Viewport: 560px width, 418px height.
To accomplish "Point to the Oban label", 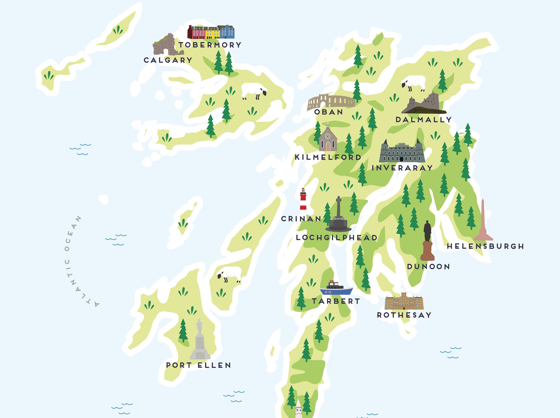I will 328,112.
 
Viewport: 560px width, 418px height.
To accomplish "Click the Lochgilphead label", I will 337,238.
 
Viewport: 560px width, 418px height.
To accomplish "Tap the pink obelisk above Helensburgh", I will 483,221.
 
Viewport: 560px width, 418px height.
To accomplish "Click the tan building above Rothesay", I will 404,301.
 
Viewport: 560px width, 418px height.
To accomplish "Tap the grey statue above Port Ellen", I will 200,340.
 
